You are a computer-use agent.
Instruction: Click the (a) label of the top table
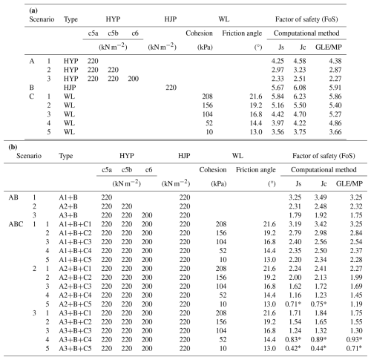tap(33, 10)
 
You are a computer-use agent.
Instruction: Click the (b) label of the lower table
tap(13, 147)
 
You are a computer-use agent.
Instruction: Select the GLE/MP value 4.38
tap(335, 61)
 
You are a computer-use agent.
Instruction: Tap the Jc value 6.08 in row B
tap(300, 88)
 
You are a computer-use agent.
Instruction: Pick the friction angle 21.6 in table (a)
tap(256, 96)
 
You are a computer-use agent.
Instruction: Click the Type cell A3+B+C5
tap(75, 349)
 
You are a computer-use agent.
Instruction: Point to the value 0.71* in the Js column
tap(293, 304)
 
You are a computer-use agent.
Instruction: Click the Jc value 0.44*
tap(318, 349)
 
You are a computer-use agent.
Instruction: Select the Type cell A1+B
tap(68, 197)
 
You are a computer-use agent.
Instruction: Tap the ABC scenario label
tap(16, 224)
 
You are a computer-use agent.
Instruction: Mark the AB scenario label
tap(13, 197)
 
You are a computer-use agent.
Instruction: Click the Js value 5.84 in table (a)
tap(278, 96)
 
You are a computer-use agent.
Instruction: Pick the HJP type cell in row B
tap(70, 88)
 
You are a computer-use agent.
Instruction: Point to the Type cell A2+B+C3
tap(75, 287)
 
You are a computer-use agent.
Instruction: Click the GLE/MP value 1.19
tap(356, 304)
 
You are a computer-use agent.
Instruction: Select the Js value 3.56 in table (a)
tap(278, 132)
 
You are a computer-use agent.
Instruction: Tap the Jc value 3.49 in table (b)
tap(321, 197)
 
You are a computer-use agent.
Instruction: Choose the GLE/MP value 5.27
tap(335, 114)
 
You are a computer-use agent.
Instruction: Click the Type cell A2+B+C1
tap(75, 269)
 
